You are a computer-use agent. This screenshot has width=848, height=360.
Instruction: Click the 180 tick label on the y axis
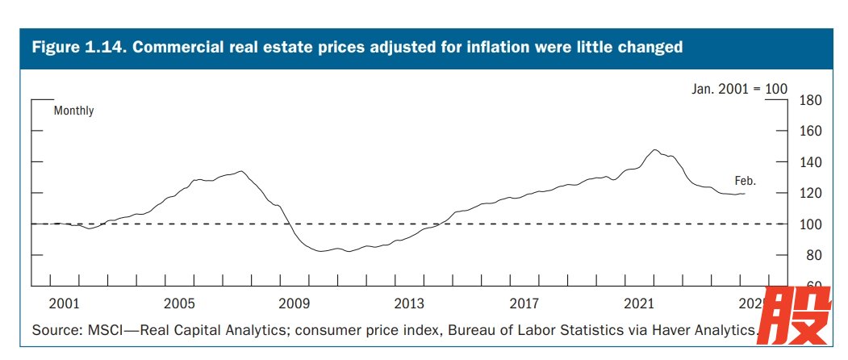coord(809,101)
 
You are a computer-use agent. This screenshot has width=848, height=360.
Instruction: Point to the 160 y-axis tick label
coord(809,132)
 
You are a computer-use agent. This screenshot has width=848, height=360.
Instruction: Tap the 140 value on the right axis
coord(809,162)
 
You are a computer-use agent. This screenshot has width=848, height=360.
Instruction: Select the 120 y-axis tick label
coord(809,194)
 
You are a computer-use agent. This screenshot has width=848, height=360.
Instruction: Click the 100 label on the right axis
coord(809,224)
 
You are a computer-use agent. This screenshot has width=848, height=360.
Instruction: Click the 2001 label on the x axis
coord(64,303)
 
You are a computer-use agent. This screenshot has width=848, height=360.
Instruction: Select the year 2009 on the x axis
coord(295,303)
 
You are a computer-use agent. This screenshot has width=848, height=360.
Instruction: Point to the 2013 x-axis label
coord(409,303)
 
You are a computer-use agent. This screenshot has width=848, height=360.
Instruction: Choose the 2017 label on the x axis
coord(524,303)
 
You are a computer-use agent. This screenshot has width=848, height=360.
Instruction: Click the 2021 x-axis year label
coord(639,303)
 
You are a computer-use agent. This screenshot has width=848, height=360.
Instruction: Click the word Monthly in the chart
coord(73,111)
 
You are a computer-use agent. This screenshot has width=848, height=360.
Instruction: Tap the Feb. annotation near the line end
coord(745,181)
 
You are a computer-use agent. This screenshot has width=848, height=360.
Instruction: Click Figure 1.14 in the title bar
coord(76,48)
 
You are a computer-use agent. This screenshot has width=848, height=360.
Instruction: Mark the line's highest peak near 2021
coord(655,150)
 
